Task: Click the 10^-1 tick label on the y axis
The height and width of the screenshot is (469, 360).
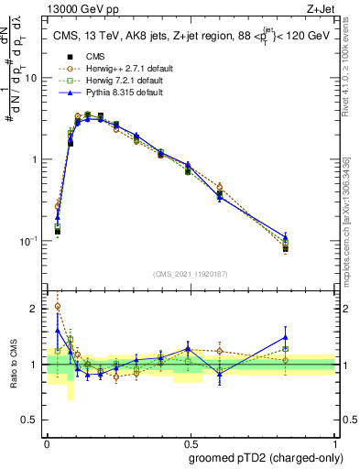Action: coord(32,241)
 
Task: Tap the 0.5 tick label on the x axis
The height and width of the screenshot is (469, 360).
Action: coord(191,441)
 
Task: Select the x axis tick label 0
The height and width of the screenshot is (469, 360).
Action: coord(47,441)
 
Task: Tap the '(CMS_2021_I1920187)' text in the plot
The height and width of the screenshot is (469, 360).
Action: coord(191,274)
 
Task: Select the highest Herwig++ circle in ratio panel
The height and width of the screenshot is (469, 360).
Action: coord(57,307)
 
